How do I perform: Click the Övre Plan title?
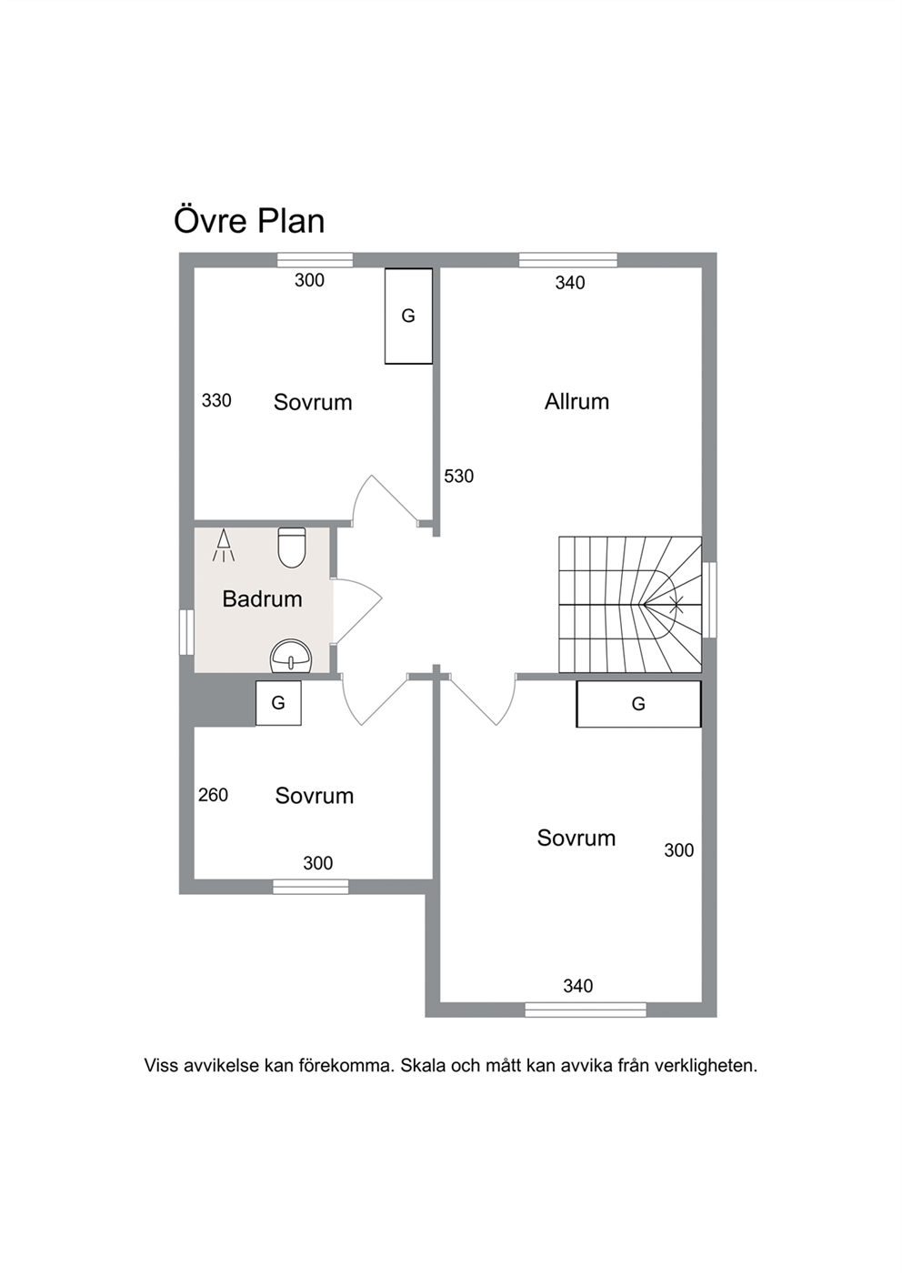tap(249, 221)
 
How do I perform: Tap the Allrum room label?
tap(576, 402)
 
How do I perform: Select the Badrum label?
tap(262, 598)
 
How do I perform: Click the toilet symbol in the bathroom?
tap(292, 548)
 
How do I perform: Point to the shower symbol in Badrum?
tap(224, 546)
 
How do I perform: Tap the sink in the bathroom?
tap(290, 657)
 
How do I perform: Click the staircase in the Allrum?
tap(630, 605)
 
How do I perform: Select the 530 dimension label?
tap(459, 476)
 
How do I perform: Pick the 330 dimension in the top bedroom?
tap(216, 400)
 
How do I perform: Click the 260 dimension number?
tap(213, 795)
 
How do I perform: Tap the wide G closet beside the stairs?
tap(638, 704)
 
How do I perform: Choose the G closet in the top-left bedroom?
tap(408, 316)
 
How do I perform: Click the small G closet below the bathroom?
tap(278, 703)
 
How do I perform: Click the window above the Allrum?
tap(568, 260)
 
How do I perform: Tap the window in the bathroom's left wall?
tap(186, 632)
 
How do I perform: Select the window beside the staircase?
tap(709, 600)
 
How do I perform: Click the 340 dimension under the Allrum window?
tap(570, 283)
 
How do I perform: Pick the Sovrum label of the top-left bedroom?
tap(313, 402)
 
